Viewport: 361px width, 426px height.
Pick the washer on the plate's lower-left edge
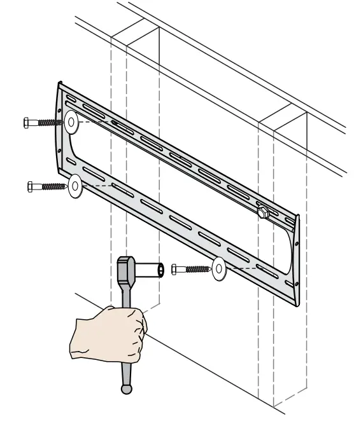point(75,186)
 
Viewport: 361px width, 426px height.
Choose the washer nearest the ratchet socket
point(219,270)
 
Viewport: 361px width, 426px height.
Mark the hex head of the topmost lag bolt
point(26,123)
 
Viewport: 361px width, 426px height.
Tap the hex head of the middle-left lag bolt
point(31,186)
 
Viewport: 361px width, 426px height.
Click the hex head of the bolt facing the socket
point(175,270)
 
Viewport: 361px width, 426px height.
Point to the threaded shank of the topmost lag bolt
point(47,123)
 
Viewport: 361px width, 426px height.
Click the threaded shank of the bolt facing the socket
point(195,270)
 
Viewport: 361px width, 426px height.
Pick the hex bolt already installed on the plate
point(262,210)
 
